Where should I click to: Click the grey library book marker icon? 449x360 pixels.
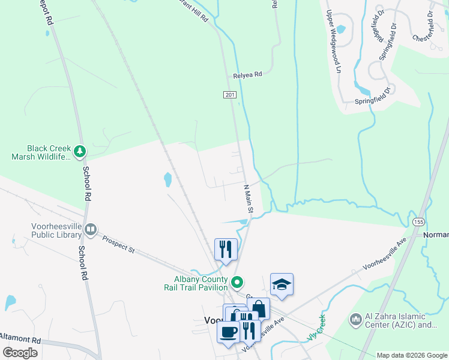[91, 229]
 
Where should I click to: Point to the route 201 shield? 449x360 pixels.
[230, 95]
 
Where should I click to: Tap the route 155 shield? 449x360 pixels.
[418, 222]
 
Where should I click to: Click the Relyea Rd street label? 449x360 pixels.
[248, 76]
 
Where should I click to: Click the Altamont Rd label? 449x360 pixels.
[20, 338]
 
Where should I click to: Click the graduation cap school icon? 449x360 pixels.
[282, 284]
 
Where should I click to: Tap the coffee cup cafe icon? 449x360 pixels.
[228, 331]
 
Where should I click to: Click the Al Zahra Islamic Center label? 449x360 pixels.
[400, 321]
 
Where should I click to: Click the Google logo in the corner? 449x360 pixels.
[20, 353]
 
